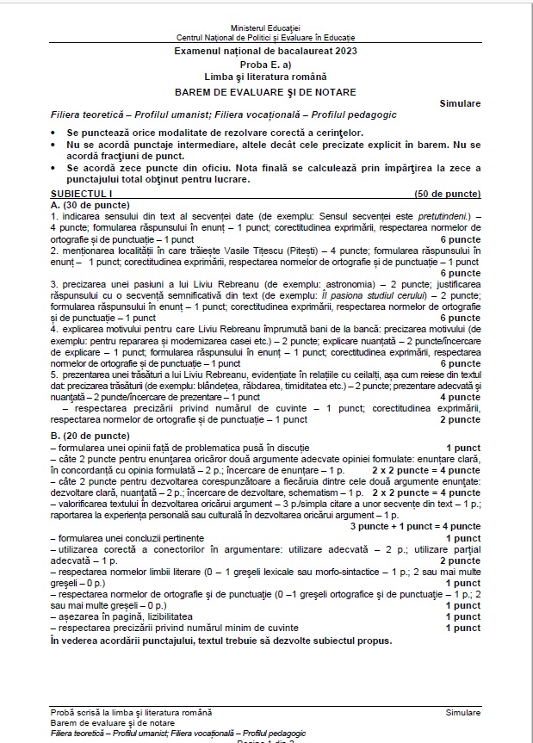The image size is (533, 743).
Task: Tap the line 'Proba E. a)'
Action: point(266,65)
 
